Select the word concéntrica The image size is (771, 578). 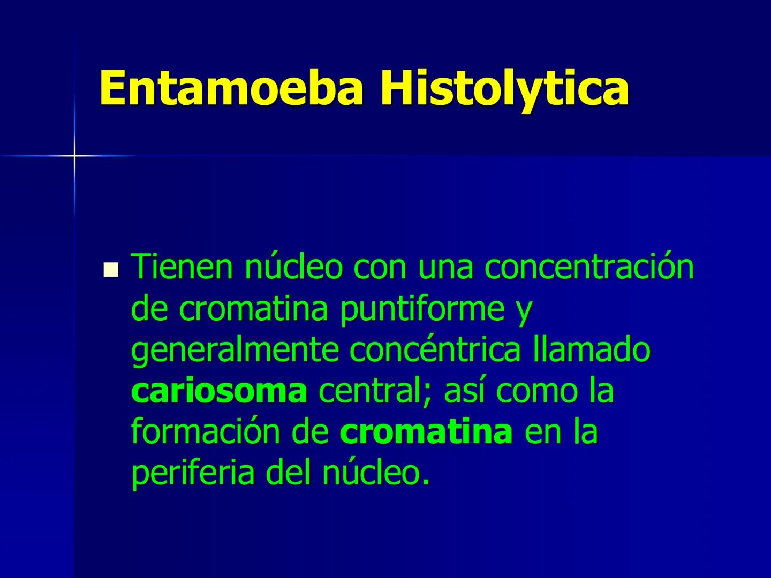[435, 350]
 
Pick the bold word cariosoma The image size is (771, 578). [219, 391]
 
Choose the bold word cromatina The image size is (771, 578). [426, 432]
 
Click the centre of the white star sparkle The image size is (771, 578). [74, 156]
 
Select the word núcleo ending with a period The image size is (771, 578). [374, 473]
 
